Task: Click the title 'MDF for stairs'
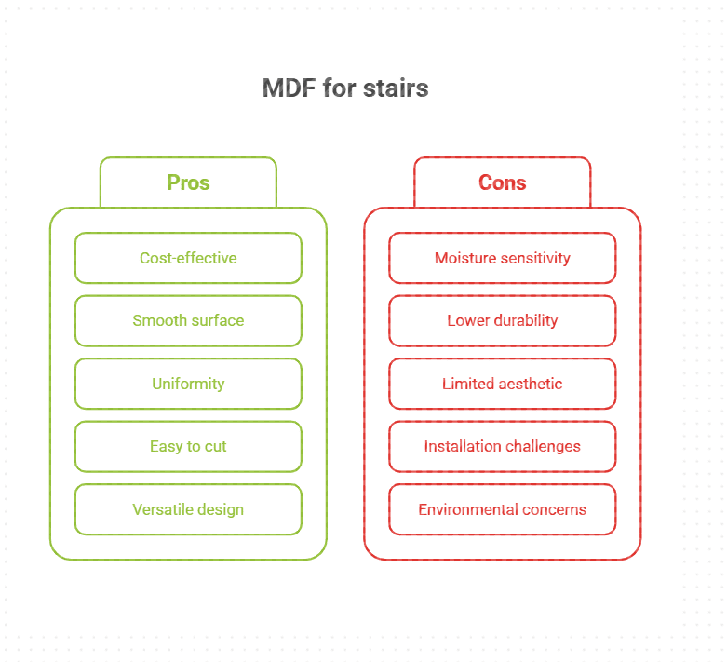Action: click(x=344, y=88)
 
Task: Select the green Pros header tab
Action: click(x=188, y=182)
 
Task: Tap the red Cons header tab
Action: click(x=502, y=182)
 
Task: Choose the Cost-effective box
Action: click(x=188, y=258)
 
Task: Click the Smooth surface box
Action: click(x=188, y=320)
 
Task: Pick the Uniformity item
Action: click(x=188, y=384)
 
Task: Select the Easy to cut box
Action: click(x=188, y=446)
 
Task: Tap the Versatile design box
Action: click(x=188, y=509)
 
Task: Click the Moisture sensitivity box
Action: click(x=502, y=258)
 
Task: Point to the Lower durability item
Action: click(x=502, y=320)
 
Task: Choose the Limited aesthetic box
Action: click(x=502, y=384)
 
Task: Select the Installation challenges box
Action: click(x=502, y=446)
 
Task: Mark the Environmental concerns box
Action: click(x=502, y=509)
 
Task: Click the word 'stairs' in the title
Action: click(x=397, y=88)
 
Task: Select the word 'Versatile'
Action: click(x=161, y=509)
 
